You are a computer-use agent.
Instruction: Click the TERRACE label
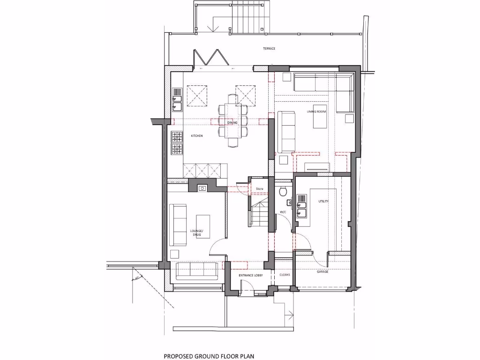point(269,49)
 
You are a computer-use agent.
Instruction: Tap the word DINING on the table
point(232,123)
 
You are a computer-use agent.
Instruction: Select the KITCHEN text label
point(196,135)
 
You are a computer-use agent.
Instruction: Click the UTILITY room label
point(323,201)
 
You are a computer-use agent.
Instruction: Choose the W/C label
point(283,212)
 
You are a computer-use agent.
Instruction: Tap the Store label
point(259,189)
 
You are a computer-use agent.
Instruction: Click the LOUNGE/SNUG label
point(196,232)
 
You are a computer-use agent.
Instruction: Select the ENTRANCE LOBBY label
point(250,275)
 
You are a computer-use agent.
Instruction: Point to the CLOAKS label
point(285,275)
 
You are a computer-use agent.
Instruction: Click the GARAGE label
point(322,271)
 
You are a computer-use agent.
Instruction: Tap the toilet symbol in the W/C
point(282,191)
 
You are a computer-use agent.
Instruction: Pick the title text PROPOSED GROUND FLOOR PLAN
point(209,356)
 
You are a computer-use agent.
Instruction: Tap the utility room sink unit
point(301,209)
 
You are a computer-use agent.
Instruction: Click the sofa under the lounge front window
point(196,270)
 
